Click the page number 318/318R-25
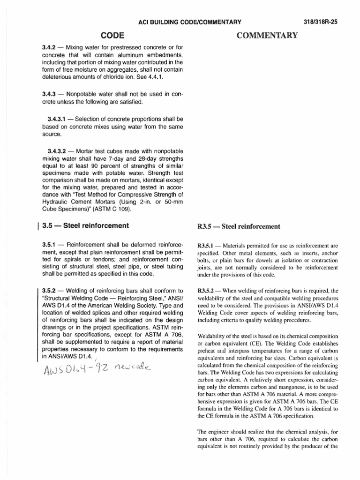pos(327,22)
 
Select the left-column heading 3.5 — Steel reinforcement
pos(85,225)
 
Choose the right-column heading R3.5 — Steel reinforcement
pos(239,227)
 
